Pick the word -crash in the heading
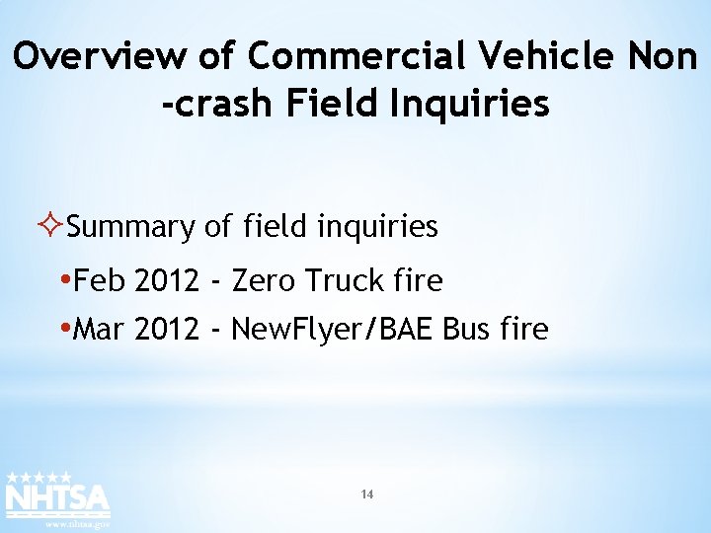pyautogui.click(x=215, y=104)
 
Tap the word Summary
pyautogui.click(x=131, y=228)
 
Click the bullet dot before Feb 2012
pyautogui.click(x=65, y=280)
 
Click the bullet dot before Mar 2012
pyautogui.click(x=65, y=328)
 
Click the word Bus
pyautogui.click(x=467, y=330)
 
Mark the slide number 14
pyautogui.click(x=366, y=495)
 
